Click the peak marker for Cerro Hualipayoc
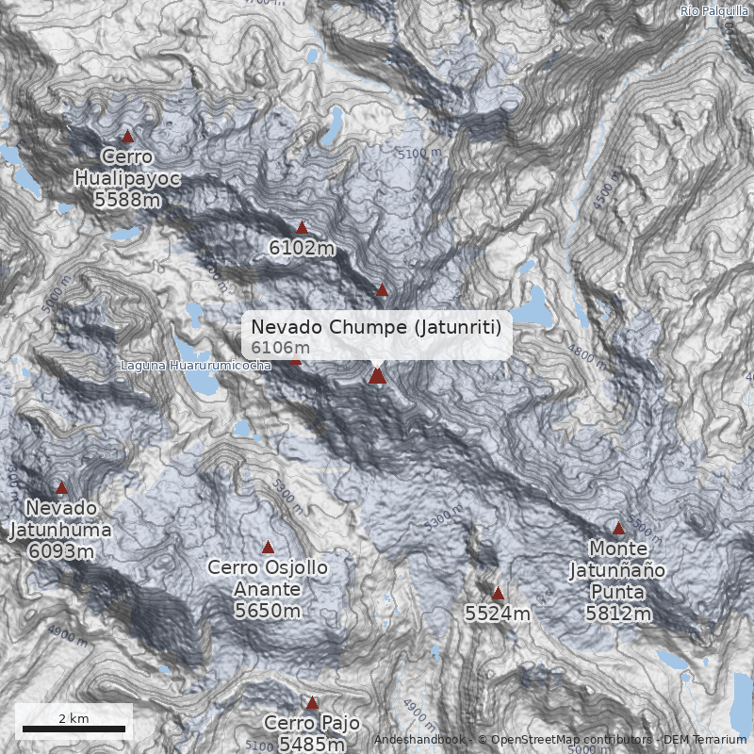pyautogui.click(x=128, y=137)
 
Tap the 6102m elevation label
pyautogui.click(x=302, y=249)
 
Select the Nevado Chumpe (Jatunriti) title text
pyautogui.click(x=382, y=327)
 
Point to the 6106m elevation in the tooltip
pyautogui.click(x=280, y=348)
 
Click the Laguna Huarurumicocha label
pyautogui.click(x=196, y=365)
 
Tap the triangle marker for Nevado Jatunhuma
pyautogui.click(x=62, y=488)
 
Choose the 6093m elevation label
pyautogui.click(x=60, y=550)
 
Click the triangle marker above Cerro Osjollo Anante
pyautogui.click(x=268, y=548)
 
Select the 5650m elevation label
pyautogui.click(x=268, y=611)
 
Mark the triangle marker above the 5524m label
pyautogui.click(x=498, y=594)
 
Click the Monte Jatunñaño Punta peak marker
pyautogui.click(x=618, y=529)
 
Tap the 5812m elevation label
pyautogui.click(x=618, y=615)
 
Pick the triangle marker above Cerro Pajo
pyautogui.click(x=312, y=702)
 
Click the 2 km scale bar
pyautogui.click(x=74, y=729)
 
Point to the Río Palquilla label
pyautogui.click(x=713, y=10)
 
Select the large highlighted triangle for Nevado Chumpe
pyautogui.click(x=378, y=376)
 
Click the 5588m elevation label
pyautogui.click(x=127, y=199)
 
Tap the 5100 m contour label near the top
pyautogui.click(x=419, y=153)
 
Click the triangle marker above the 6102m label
pyautogui.click(x=302, y=227)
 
